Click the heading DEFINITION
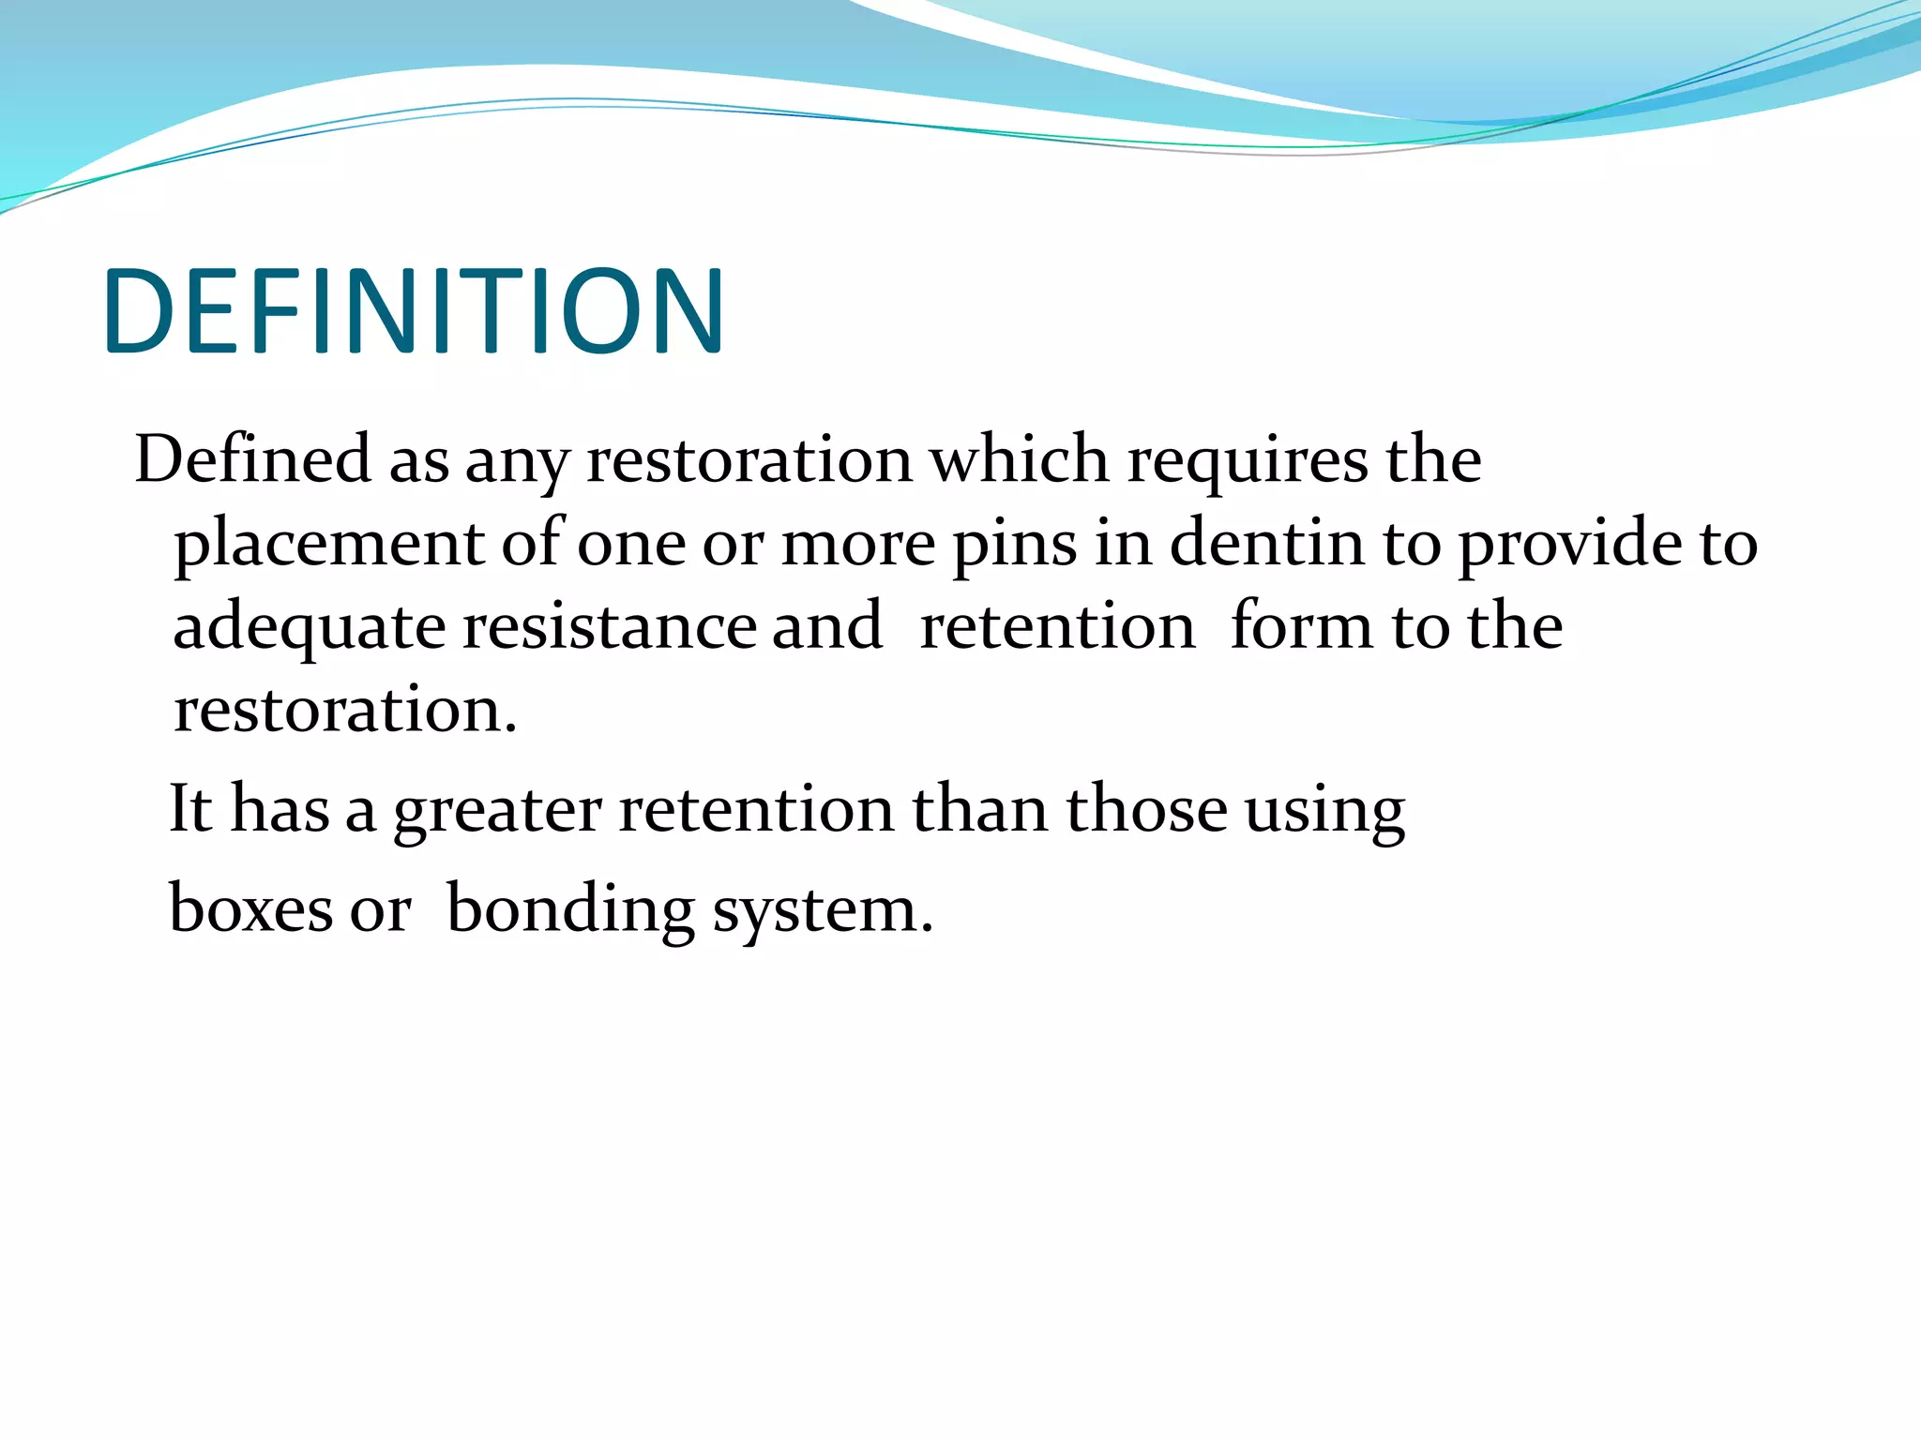coord(414,312)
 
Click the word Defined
coord(253,459)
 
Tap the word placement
coord(329,544)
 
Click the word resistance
coord(610,626)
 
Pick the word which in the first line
coord(1019,459)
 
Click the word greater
coord(497,810)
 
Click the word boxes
coord(250,908)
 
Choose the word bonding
coord(569,910)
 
